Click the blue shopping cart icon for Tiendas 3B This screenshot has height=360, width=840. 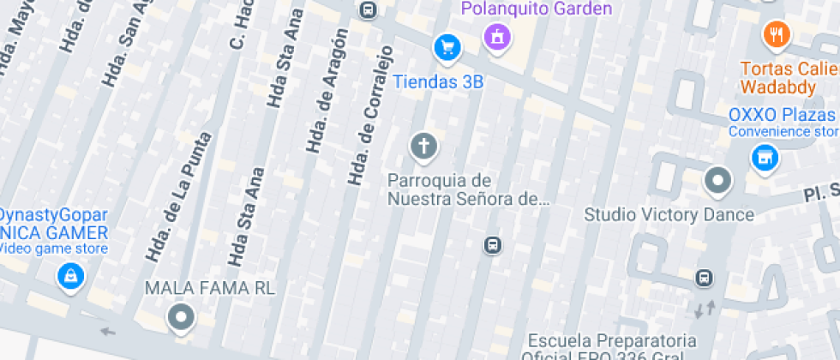[447, 46]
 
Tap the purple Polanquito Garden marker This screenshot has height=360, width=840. [496, 36]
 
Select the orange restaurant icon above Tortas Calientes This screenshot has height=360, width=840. [776, 34]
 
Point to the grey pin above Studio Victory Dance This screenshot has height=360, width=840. [717, 181]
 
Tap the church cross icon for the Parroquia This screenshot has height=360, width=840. [422, 145]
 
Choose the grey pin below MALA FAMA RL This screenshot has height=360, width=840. [180, 317]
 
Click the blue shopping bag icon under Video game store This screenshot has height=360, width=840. [70, 276]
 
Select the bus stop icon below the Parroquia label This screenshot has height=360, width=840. [493, 245]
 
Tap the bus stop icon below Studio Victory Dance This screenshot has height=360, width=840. [704, 278]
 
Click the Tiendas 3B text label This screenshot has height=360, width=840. [438, 82]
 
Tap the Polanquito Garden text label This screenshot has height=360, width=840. [537, 9]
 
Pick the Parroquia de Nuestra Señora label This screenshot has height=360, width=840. [467, 190]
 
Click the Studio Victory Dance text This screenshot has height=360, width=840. [669, 214]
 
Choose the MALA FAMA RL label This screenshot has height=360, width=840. [210, 288]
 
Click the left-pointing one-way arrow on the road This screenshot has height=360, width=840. [106, 331]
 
